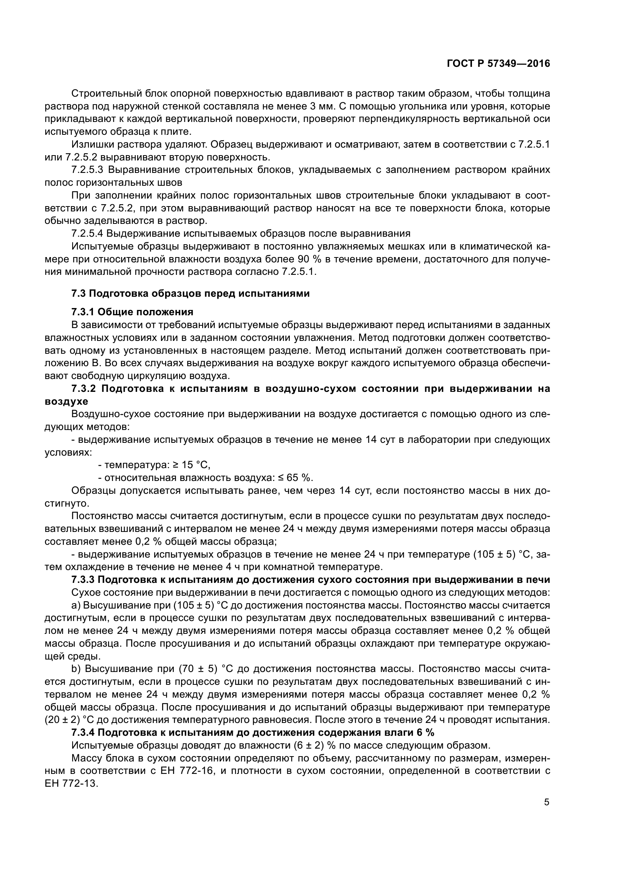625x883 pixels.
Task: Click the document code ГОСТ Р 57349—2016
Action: click(x=498, y=64)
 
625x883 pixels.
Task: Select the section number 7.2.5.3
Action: click(x=88, y=170)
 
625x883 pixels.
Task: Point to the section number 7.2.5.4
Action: click(x=88, y=234)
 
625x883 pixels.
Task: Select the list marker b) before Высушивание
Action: click(x=76, y=669)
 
